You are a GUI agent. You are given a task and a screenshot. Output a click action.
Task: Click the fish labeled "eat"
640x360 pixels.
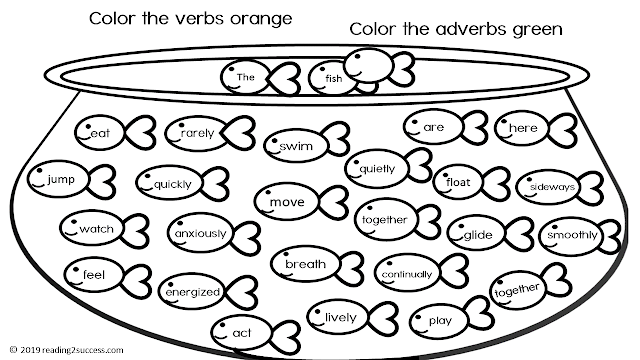coord(100,132)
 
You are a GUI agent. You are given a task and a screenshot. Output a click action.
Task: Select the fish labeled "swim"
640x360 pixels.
coord(296,146)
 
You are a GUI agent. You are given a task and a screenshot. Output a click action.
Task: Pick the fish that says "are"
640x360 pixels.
coord(432,127)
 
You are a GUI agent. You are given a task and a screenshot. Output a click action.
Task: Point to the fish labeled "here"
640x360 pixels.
coord(521,129)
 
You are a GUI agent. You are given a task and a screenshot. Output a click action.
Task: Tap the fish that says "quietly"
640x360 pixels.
coord(376,168)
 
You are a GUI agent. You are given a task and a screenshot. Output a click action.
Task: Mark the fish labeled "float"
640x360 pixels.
coord(460,182)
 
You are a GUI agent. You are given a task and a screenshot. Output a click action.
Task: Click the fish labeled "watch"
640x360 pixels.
coord(96,229)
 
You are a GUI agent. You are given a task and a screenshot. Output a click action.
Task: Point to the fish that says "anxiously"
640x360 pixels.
coord(200,234)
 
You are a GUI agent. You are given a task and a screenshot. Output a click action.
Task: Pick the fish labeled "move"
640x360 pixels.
coord(287,203)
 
